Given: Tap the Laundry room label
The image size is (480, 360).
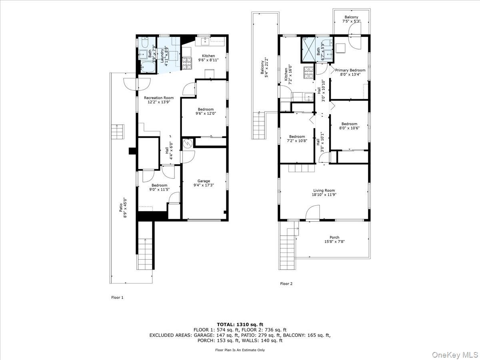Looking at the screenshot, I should tap(165, 56).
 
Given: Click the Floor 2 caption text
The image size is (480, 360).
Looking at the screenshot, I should tap(286, 284).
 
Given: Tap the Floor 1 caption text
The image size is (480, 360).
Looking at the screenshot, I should tap(117, 298).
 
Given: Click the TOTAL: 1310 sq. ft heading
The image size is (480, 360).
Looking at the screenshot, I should tap(240, 324).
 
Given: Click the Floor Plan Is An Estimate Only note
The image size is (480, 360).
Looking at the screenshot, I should tap(240, 350).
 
